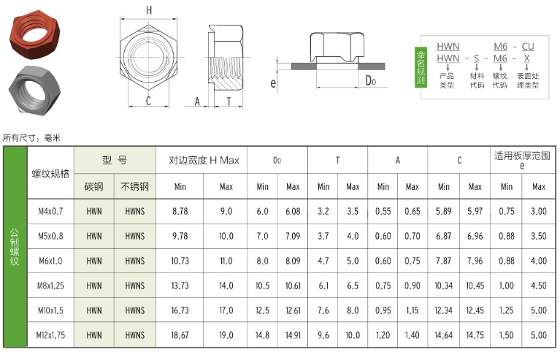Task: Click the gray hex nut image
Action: [34, 91]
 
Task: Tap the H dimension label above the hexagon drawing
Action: [148, 10]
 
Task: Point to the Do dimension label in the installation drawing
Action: [371, 81]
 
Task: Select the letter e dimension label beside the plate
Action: [273, 83]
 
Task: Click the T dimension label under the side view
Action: [229, 102]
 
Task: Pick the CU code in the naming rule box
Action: [527, 47]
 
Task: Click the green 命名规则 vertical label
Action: [421, 67]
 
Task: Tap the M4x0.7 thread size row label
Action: [50, 212]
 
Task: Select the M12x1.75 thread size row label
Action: [50, 335]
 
